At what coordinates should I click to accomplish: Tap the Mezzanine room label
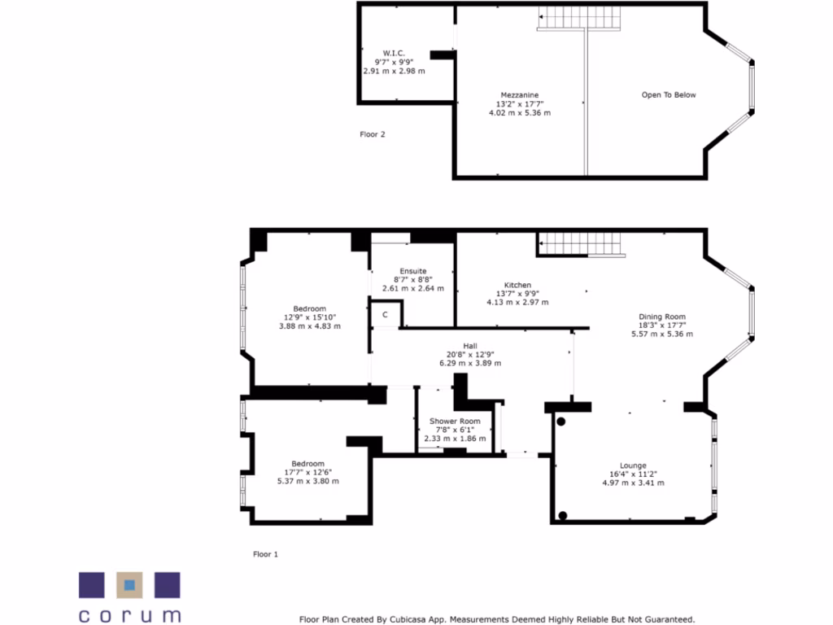[519, 95]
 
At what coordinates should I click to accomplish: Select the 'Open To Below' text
[669, 95]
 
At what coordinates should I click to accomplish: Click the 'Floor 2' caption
[373, 134]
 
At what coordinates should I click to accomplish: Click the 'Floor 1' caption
[265, 554]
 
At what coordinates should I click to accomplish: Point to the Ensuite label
[413, 271]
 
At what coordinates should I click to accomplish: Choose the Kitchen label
[517, 285]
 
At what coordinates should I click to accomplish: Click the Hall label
[470, 345]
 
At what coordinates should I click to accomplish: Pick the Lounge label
[633, 465]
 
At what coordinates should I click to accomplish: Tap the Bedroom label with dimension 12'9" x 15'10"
[310, 308]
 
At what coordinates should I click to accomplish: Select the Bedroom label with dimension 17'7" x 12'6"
[308, 464]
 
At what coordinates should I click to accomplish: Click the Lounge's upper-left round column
[561, 421]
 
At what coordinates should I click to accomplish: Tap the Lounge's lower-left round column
[562, 515]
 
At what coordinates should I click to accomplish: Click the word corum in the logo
[129, 614]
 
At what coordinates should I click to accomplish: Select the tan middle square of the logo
[129, 585]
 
